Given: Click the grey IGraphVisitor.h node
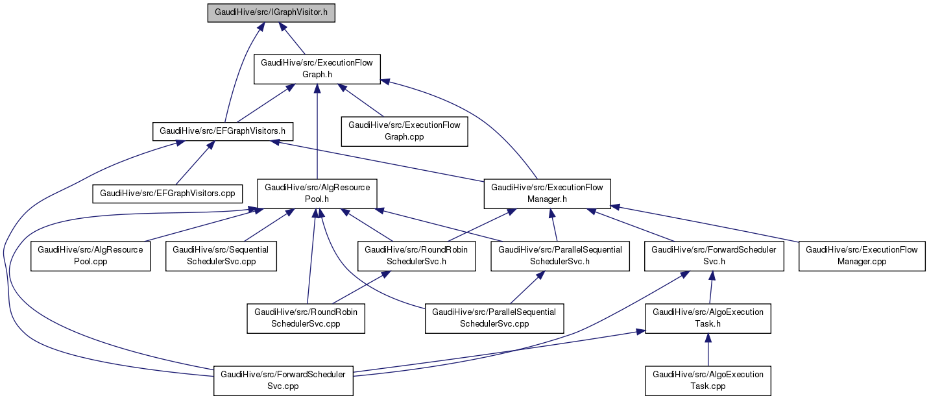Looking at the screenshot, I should (x=271, y=12).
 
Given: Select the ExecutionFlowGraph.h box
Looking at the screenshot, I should (x=317, y=69).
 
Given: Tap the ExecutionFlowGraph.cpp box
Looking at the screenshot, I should (x=405, y=131).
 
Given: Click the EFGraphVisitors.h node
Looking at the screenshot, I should (x=223, y=132).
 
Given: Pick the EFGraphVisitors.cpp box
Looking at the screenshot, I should (x=168, y=193).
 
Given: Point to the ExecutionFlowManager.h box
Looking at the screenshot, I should (x=547, y=194).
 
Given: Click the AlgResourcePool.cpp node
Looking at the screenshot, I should (x=91, y=255).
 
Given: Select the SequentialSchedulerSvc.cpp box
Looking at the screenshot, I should (x=222, y=255).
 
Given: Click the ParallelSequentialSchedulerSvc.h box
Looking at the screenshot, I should (x=560, y=255).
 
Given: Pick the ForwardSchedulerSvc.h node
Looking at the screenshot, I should (x=714, y=255).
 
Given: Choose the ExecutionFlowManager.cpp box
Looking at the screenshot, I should (x=862, y=255).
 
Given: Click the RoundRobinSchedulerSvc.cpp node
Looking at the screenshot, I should (x=306, y=318).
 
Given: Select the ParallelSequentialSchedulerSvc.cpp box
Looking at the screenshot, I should (x=494, y=318).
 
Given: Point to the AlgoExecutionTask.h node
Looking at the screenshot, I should (x=708, y=318).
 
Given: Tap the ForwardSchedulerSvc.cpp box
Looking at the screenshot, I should (x=284, y=380).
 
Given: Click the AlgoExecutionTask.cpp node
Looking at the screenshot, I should (x=708, y=380).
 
